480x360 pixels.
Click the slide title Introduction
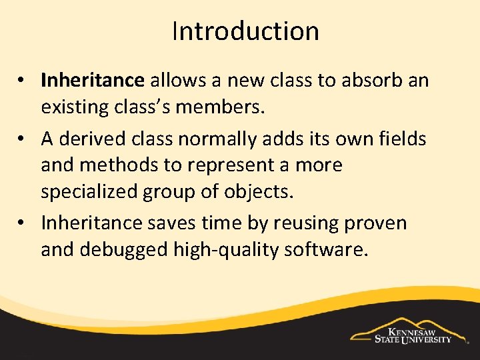point(245,31)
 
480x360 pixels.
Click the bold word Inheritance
point(92,81)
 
